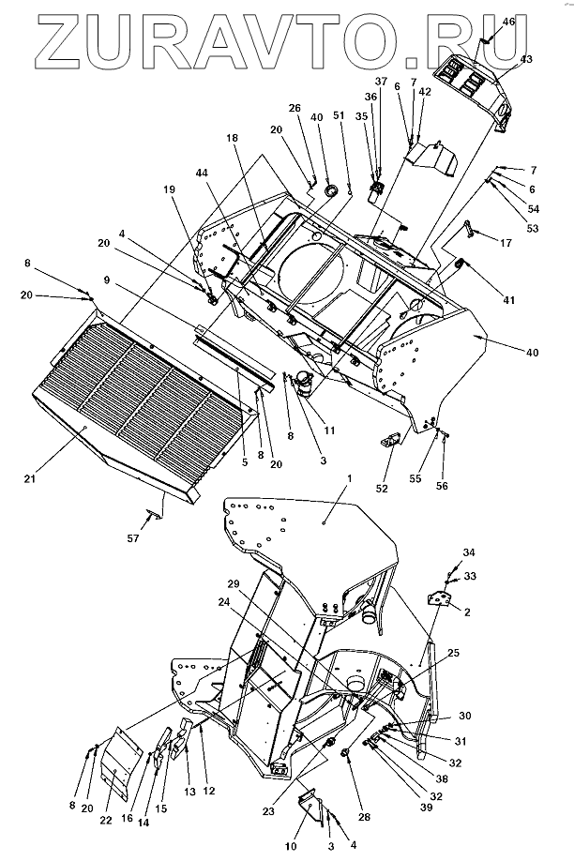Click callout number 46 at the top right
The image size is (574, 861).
(x=508, y=21)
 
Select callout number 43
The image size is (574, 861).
(x=526, y=59)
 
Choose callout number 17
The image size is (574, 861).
(x=506, y=244)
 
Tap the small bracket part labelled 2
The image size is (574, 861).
(x=438, y=598)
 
